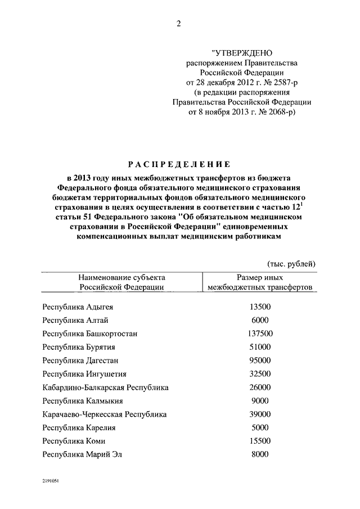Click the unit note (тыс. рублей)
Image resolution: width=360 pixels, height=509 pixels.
[x=290, y=264]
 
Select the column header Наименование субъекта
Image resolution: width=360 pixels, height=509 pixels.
[x=121, y=277]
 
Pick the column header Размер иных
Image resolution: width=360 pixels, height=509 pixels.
[x=260, y=277]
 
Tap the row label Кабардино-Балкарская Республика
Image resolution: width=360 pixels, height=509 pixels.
[x=105, y=388]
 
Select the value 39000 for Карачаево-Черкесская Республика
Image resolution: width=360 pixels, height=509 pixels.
[x=259, y=414]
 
